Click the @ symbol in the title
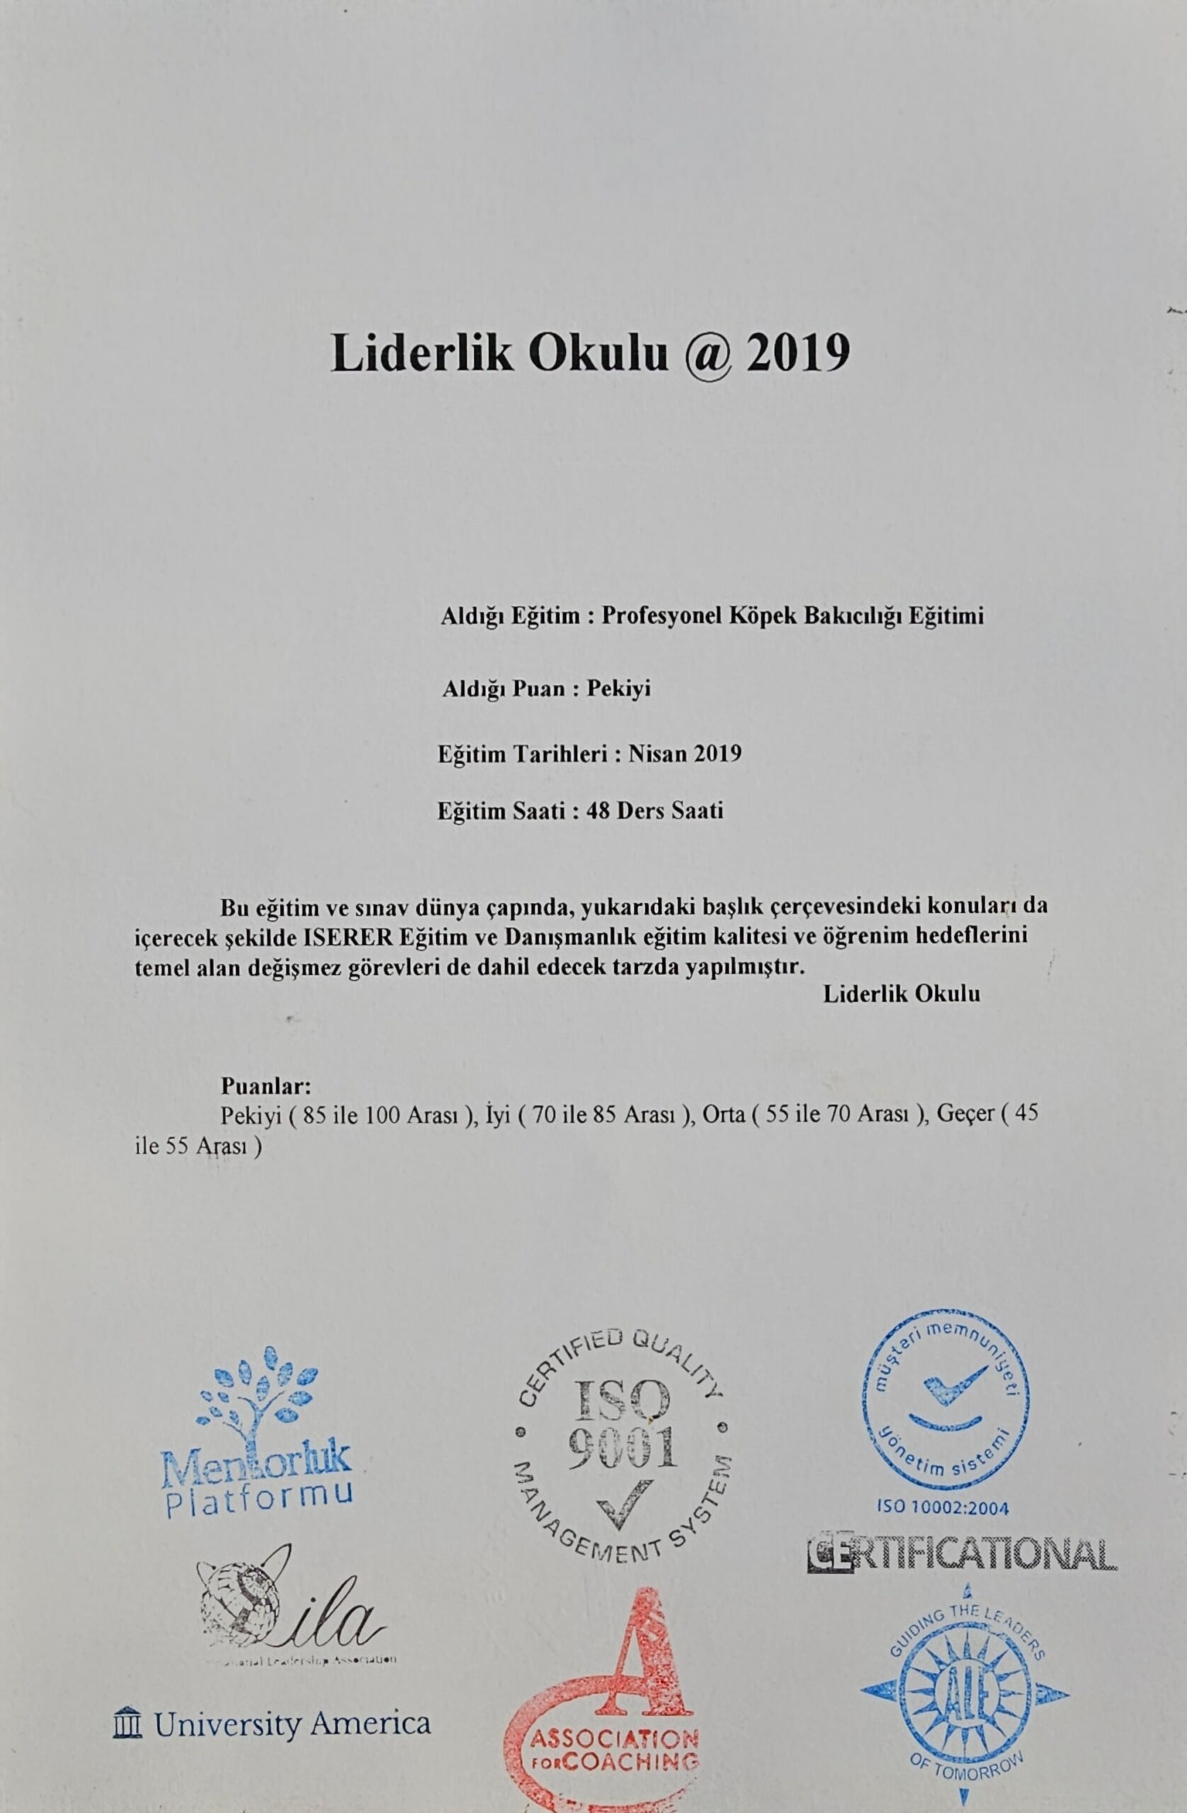point(708,354)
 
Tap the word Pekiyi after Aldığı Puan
point(618,689)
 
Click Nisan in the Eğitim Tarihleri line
point(658,754)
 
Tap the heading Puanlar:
point(266,1085)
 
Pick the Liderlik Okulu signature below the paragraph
point(902,994)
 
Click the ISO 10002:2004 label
point(943,1507)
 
